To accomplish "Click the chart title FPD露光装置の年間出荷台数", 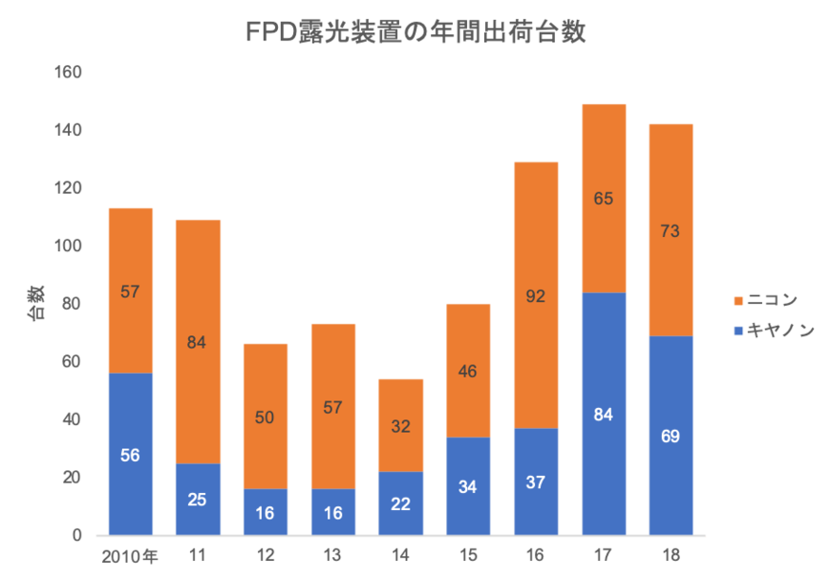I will click(x=415, y=32).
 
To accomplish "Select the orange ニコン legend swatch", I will click(x=737, y=301).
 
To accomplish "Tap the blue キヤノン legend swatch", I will click(x=737, y=331).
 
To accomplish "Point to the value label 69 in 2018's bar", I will click(x=671, y=437).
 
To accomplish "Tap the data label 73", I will click(x=671, y=230).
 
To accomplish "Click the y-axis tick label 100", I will click(x=72, y=246).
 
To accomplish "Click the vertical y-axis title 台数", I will click(x=36, y=304).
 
